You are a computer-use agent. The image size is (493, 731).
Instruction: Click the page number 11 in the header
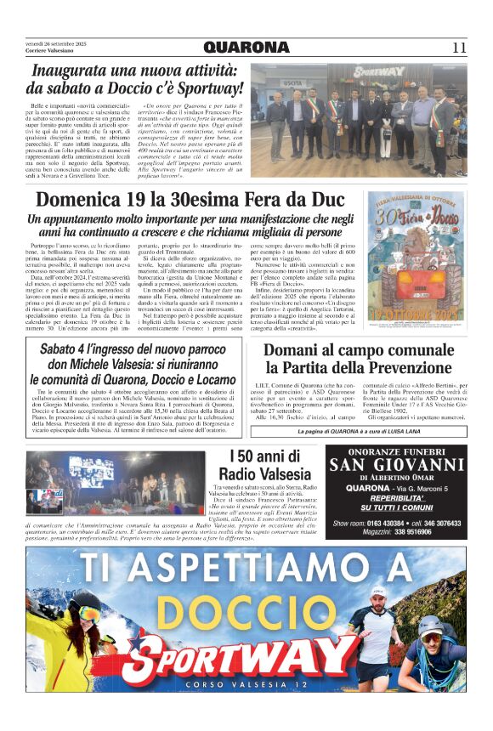coord(459,47)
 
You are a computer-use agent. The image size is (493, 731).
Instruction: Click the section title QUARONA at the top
coord(246,47)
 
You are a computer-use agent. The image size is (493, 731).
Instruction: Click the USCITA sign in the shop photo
coord(293,83)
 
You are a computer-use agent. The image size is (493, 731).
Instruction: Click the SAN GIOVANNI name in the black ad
coord(397,464)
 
